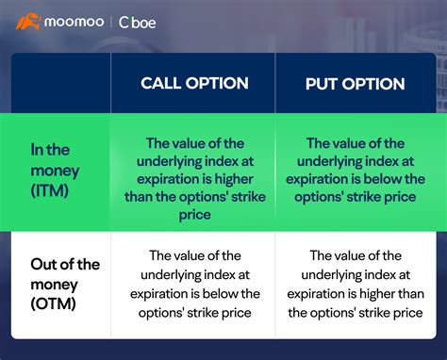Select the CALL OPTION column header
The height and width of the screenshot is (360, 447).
pyautogui.click(x=194, y=83)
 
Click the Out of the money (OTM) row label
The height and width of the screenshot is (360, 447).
pyautogui.click(x=56, y=283)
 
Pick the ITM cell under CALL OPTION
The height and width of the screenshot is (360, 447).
pyautogui.click(x=194, y=179)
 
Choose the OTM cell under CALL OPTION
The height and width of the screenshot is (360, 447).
pyautogui.click(x=194, y=283)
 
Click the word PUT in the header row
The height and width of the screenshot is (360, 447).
pyautogui.click(x=322, y=83)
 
